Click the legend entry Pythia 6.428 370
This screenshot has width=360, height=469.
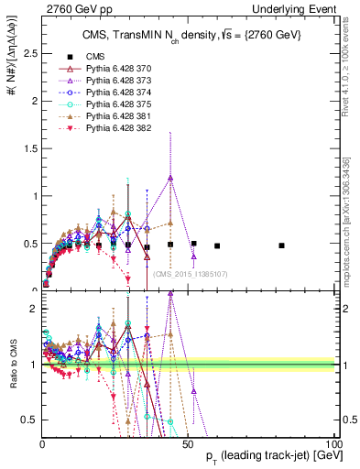click(109, 69)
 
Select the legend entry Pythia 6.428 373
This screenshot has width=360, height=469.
click(109, 81)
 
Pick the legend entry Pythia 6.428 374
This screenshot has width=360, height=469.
click(109, 93)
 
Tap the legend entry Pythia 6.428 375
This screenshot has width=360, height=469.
click(109, 104)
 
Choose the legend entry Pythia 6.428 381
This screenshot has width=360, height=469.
click(109, 116)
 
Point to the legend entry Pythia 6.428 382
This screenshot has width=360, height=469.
click(109, 128)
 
